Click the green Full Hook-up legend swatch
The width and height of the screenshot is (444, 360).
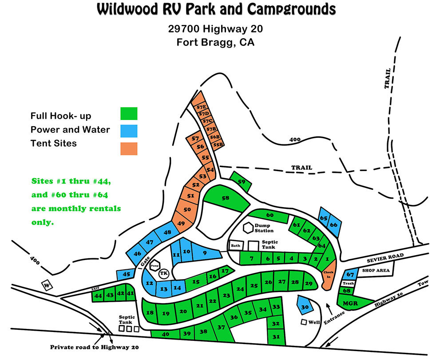(x=129, y=113)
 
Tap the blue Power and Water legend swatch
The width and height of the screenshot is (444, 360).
(x=129, y=131)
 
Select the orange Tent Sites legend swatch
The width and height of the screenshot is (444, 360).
(x=129, y=148)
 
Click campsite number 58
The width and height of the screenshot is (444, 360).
(x=226, y=198)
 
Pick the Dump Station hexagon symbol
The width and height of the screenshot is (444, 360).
(x=248, y=228)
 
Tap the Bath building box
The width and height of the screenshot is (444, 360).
(x=235, y=245)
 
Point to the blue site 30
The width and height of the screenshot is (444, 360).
(x=305, y=306)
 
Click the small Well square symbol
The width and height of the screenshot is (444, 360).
(x=304, y=322)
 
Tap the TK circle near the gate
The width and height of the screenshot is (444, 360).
(x=164, y=273)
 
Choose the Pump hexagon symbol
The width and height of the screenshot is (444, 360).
(x=155, y=266)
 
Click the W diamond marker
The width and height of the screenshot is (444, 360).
(x=47, y=285)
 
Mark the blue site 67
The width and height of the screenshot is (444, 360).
(x=350, y=275)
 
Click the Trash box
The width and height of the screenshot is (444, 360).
(x=348, y=284)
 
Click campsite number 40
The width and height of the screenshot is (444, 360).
(x=166, y=334)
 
